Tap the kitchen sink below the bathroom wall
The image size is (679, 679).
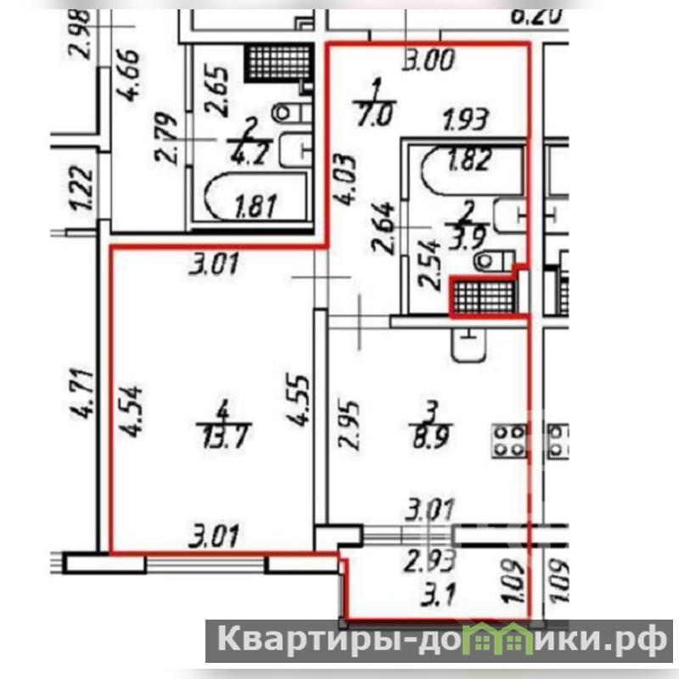pos(467,343)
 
